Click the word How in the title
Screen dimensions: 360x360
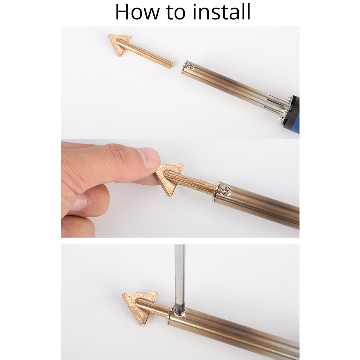137,12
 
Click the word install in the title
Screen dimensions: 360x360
221,12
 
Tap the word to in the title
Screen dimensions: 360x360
176,13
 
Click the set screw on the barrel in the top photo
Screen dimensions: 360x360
191,67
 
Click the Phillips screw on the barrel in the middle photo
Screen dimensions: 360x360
225,190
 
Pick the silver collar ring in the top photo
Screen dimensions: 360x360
184,67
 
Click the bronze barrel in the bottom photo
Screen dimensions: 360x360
234,330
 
